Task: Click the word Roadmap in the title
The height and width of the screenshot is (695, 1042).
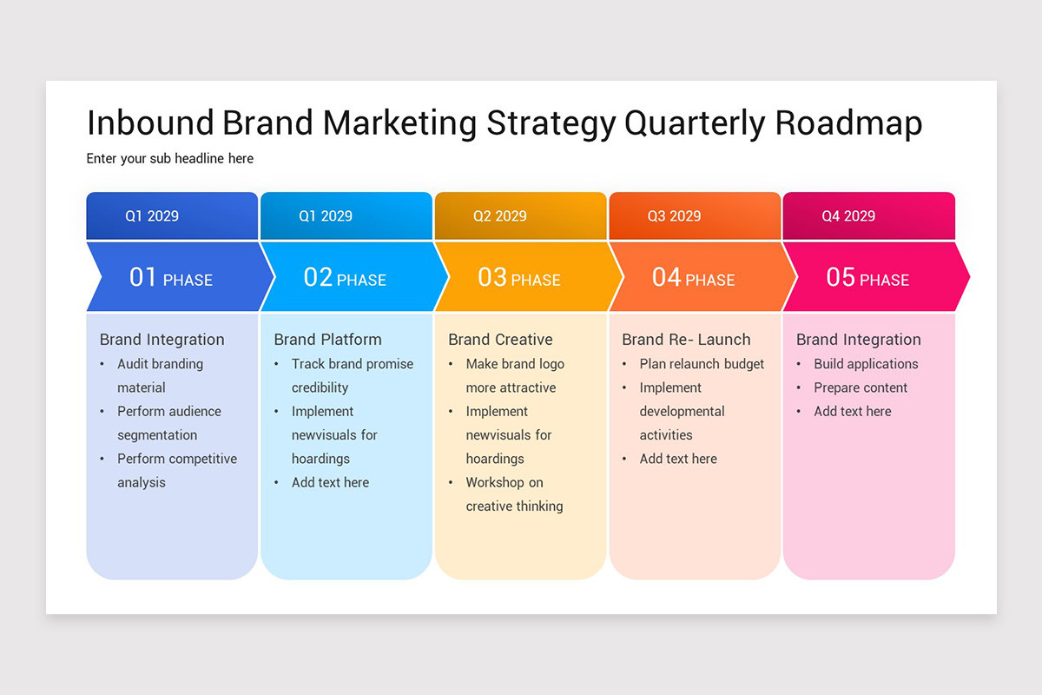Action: [848, 123]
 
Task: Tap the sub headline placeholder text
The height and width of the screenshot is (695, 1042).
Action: [169, 159]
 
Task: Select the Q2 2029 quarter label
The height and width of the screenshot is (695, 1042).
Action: [500, 216]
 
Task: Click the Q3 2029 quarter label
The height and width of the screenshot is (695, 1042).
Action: [674, 216]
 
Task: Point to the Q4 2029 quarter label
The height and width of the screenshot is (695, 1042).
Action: [848, 216]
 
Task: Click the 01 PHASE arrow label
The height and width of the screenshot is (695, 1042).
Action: [171, 278]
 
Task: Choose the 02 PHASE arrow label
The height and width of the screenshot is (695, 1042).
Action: [345, 278]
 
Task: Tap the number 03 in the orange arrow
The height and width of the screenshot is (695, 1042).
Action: [491, 277]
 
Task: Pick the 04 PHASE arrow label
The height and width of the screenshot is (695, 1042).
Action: [693, 278]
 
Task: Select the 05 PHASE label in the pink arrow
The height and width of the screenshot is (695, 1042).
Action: [867, 278]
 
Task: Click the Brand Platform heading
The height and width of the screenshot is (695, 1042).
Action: [327, 340]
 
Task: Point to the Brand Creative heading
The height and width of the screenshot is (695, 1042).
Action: [500, 340]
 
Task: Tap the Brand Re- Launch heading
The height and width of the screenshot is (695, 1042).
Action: [686, 340]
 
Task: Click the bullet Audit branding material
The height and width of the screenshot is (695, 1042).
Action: [160, 375]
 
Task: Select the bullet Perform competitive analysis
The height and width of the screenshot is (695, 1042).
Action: [177, 470]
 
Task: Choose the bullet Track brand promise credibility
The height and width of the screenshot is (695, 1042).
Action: [352, 375]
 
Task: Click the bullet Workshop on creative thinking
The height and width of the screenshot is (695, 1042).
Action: [514, 494]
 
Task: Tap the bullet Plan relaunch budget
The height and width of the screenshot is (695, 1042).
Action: [702, 364]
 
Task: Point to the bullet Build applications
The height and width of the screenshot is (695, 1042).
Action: [866, 364]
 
